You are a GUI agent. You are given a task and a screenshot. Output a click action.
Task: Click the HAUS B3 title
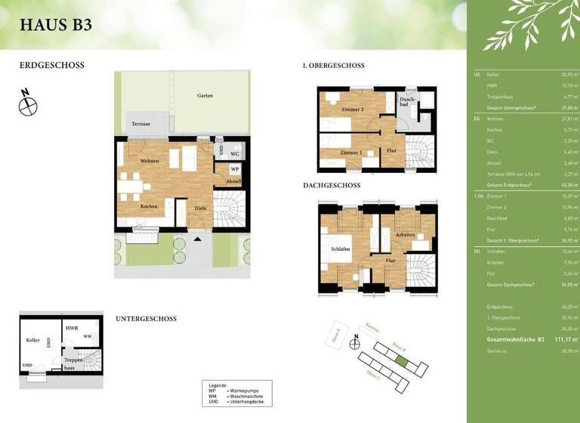click(x=56, y=23)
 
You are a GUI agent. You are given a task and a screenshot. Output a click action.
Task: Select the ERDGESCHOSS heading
click(x=52, y=66)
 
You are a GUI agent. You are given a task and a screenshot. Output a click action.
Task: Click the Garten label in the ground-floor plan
click(x=205, y=96)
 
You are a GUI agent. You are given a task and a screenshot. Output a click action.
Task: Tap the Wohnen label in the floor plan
click(x=149, y=162)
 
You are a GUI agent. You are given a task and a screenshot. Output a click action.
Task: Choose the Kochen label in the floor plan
click(x=148, y=206)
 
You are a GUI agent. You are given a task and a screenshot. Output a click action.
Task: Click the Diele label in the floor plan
click(x=200, y=208)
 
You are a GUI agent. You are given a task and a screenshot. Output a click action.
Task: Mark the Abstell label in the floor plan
click(x=234, y=182)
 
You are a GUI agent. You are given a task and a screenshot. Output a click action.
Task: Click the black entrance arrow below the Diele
click(x=198, y=239)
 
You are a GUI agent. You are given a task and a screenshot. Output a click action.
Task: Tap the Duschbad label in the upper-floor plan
click(x=407, y=101)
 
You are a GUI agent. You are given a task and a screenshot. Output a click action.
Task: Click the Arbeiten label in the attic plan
click(x=406, y=235)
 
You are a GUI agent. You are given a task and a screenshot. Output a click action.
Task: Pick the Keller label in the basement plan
click(x=32, y=341)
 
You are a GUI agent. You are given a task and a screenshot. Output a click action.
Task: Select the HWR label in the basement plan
click(x=72, y=328)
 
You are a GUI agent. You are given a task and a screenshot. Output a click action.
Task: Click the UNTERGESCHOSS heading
click(x=146, y=319)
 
